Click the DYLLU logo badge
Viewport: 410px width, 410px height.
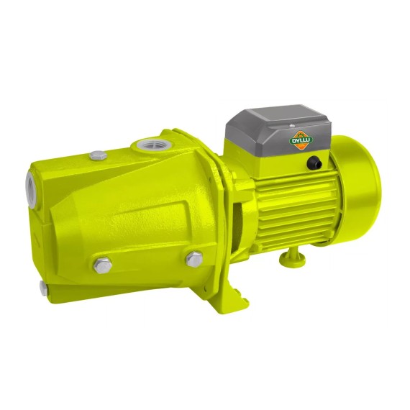301,140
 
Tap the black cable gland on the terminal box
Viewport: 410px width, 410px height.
314,162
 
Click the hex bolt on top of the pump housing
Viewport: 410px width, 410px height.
98,155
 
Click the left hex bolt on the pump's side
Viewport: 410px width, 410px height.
102,265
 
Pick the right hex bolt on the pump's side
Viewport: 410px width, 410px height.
194,259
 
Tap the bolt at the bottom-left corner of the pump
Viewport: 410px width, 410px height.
43,288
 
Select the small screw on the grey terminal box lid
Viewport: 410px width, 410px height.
292,126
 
